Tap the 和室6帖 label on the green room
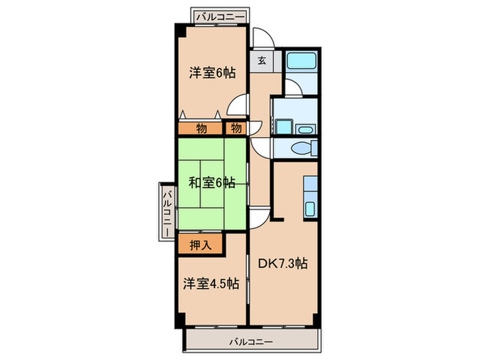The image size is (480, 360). pos(212,182)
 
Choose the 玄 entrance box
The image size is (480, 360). pos(262,60)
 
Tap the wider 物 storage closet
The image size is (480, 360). pos(202,128)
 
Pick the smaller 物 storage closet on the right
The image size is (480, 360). pos(236,128)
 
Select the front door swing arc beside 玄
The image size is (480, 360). pos(261,38)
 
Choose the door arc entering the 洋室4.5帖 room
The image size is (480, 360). pos(256,218)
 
